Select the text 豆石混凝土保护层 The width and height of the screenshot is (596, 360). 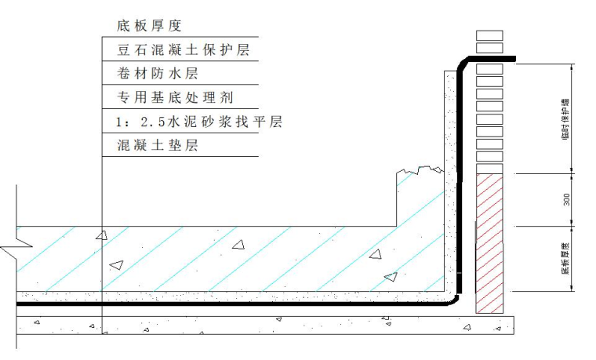(182, 51)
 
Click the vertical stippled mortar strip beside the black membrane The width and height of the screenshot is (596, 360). (449, 180)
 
